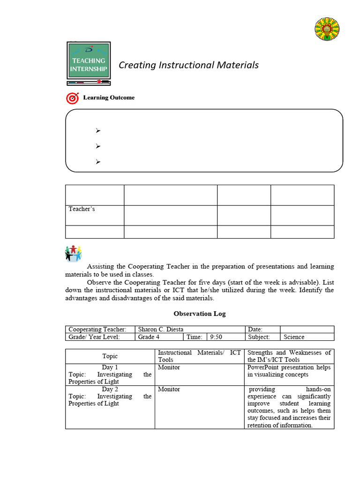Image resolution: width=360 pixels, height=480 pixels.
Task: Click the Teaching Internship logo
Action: point(89,63)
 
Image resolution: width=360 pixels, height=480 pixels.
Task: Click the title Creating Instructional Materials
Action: point(188,65)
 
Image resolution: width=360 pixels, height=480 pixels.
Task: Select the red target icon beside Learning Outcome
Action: point(73,98)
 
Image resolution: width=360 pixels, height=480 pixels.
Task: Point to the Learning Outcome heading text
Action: point(109,97)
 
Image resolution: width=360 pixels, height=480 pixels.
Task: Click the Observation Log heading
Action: point(200,314)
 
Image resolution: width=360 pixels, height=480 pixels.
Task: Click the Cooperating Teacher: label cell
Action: point(100,330)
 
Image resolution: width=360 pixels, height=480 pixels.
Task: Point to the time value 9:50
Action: point(216,337)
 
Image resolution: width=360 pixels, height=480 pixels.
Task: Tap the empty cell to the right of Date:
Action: point(307,330)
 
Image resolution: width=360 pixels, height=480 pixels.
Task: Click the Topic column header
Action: point(110,356)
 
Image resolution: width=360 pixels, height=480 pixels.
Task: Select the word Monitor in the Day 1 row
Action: point(169,367)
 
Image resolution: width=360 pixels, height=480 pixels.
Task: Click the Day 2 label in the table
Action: point(110,389)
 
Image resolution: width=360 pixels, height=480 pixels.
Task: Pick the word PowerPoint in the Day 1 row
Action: point(263,367)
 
